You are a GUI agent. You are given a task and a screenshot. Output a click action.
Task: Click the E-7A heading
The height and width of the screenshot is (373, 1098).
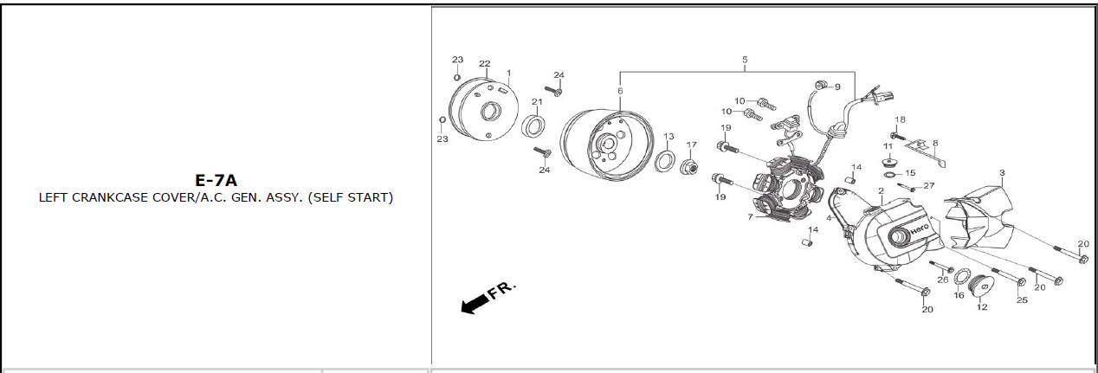[216, 180]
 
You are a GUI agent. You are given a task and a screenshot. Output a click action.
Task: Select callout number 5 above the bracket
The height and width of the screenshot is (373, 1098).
[745, 60]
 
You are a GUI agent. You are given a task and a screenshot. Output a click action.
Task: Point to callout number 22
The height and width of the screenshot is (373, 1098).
[484, 64]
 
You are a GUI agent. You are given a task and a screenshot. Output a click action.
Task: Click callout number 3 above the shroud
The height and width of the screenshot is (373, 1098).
[1002, 173]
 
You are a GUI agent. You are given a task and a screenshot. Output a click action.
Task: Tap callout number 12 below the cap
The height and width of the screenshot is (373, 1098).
[982, 307]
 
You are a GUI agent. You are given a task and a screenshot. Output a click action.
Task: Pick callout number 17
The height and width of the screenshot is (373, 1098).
[691, 145]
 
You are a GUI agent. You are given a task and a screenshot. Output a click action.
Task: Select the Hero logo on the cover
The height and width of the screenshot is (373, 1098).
[920, 228]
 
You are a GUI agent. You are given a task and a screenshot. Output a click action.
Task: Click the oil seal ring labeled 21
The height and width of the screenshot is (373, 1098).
[533, 126]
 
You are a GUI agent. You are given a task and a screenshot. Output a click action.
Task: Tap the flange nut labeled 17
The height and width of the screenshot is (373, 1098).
[688, 167]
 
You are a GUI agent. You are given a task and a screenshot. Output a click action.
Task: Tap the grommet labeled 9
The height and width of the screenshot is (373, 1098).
[821, 86]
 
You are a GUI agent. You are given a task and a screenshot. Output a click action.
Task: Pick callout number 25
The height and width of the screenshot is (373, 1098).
[1022, 299]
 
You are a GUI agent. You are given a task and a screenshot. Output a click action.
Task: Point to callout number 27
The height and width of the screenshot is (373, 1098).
[929, 186]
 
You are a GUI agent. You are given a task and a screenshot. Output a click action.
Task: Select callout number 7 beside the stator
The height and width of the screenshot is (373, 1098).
[750, 216]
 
